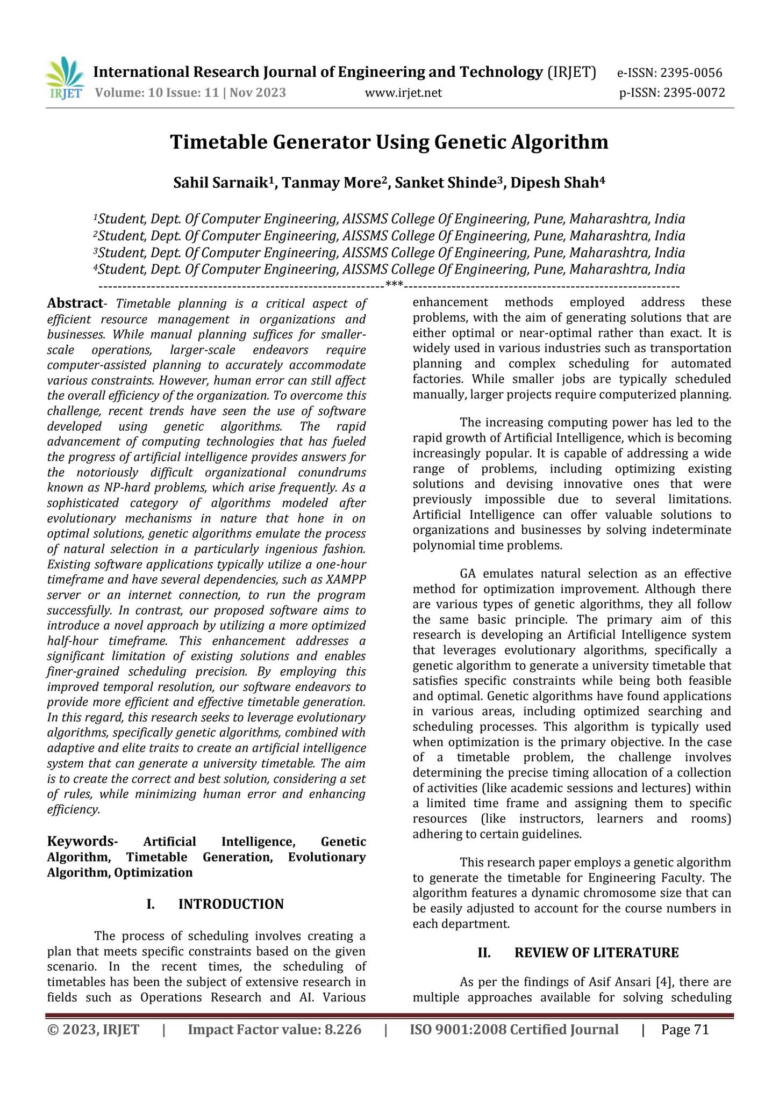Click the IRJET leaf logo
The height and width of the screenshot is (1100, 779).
(65, 78)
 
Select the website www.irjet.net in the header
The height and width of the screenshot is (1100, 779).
(403, 93)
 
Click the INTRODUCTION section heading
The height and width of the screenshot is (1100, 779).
(231, 904)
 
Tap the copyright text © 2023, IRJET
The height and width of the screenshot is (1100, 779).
(93, 1030)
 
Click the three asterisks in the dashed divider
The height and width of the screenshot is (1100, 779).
(394, 284)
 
